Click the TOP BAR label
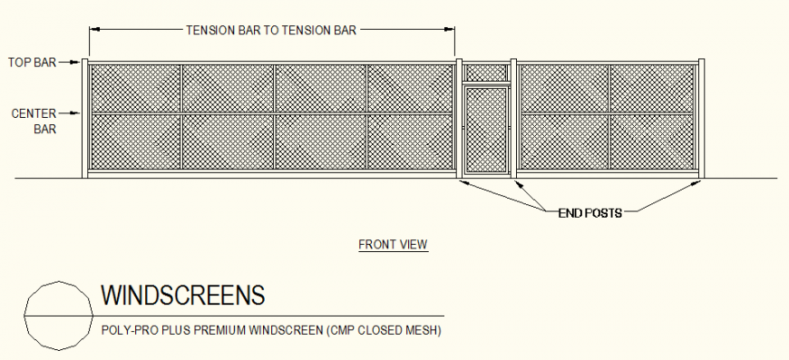(x=33, y=63)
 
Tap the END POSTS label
(x=589, y=213)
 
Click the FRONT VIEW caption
(x=393, y=244)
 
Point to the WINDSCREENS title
(x=182, y=296)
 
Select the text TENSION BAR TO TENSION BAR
(x=271, y=30)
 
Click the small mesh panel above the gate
(x=486, y=72)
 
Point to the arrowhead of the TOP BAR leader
(x=79, y=63)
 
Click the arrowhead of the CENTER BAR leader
(x=79, y=114)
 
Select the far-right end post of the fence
(x=701, y=118)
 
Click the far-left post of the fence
(x=85, y=118)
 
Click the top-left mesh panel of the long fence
(x=135, y=88)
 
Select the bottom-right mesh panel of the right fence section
(x=653, y=141)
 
